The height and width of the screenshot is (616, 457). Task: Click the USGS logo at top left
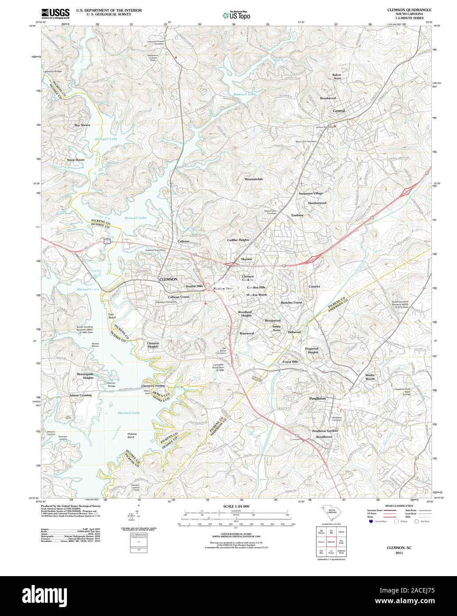pyautogui.click(x=52, y=13)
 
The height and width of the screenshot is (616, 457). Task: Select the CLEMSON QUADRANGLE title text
pyautogui.click(x=409, y=9)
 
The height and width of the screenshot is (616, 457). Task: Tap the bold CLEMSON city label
pyautogui.click(x=168, y=279)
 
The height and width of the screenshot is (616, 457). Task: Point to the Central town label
pyautogui.click(x=339, y=111)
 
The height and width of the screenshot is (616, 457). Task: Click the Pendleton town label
pyautogui.click(x=317, y=398)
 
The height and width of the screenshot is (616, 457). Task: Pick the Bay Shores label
pyautogui.click(x=82, y=125)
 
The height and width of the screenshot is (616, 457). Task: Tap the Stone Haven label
pyautogui.click(x=75, y=160)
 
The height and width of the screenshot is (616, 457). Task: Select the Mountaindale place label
pyautogui.click(x=254, y=179)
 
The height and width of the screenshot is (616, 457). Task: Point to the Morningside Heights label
pyautogui.click(x=85, y=376)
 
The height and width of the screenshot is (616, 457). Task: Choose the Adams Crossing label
pyautogui.click(x=80, y=395)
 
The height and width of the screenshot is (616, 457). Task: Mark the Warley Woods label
pyautogui.click(x=370, y=377)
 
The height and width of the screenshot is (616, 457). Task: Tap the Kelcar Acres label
pyautogui.click(x=337, y=77)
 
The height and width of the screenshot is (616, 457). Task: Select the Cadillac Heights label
pyautogui.click(x=238, y=240)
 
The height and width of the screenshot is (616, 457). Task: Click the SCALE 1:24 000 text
pyautogui.click(x=236, y=506)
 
